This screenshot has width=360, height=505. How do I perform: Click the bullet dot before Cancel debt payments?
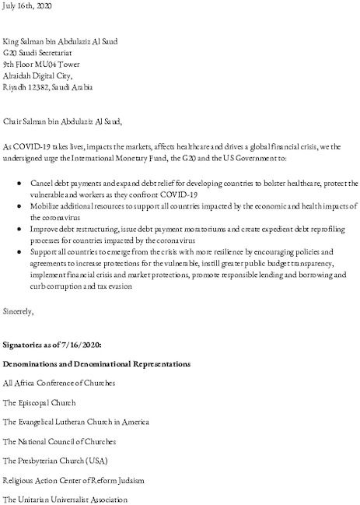(19, 183)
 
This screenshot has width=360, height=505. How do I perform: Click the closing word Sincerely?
(19, 311)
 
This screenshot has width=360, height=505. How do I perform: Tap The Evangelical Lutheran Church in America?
(76, 421)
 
